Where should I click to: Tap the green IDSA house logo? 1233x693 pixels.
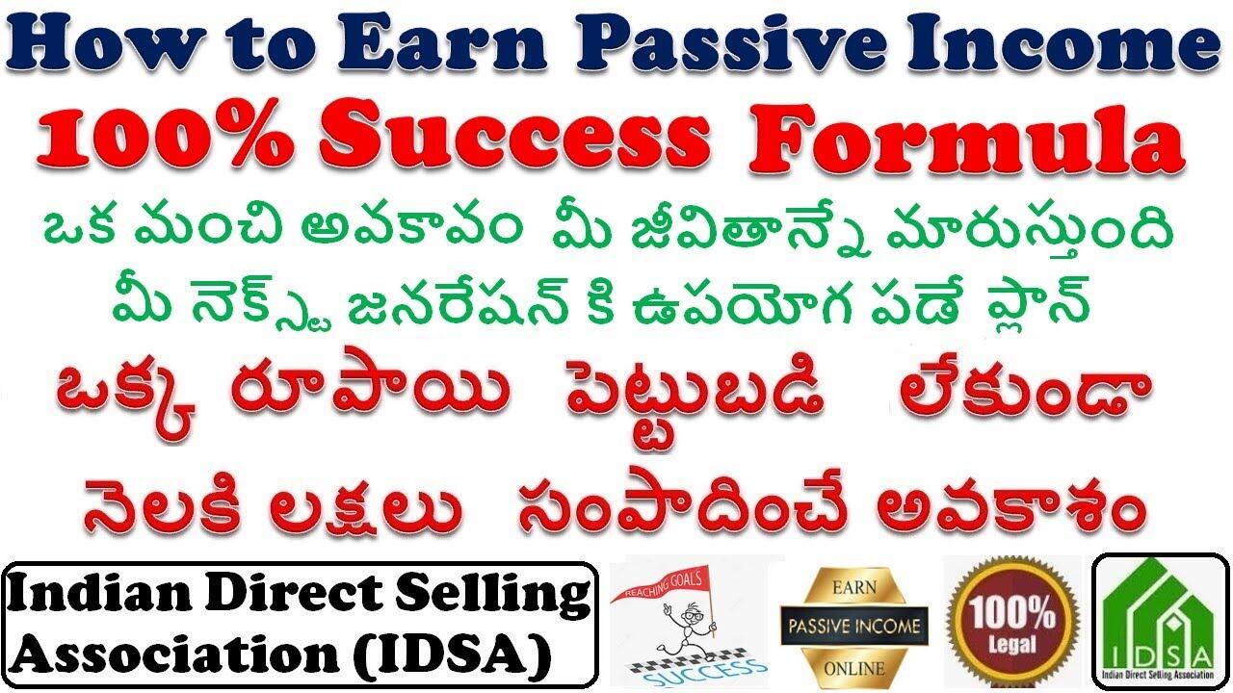(x=1159, y=616)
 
